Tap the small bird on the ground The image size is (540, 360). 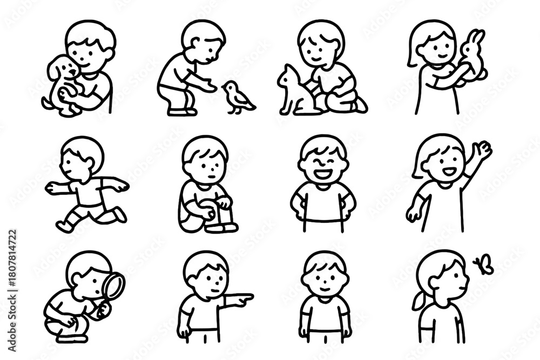[237, 96]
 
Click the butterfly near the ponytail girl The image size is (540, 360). [481, 264]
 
